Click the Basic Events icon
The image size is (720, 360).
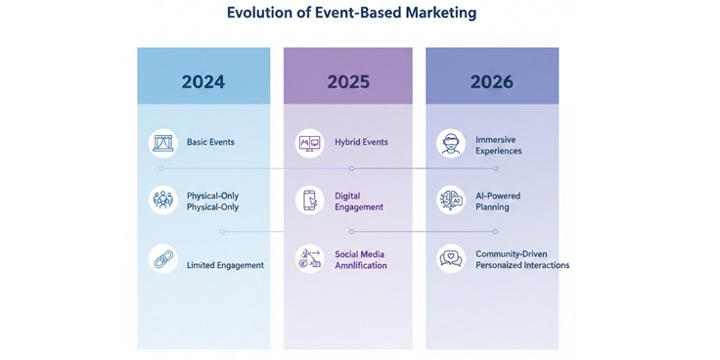[162, 143]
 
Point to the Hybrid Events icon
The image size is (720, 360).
[309, 143]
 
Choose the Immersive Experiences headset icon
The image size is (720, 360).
[451, 144]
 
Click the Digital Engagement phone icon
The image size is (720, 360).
[309, 201]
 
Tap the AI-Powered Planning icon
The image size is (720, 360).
[451, 201]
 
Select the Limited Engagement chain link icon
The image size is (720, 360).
[162, 259]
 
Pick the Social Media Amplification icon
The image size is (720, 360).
[309, 259]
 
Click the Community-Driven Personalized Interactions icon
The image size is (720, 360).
[451, 259]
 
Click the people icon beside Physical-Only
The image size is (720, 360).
[162, 201]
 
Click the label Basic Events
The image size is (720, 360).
[210, 143]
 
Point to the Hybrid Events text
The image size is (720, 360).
[361, 143]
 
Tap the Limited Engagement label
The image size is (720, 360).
[225, 265]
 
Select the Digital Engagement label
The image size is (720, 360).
[358, 202]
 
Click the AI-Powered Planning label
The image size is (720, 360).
[498, 202]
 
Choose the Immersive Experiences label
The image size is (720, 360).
[498, 146]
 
